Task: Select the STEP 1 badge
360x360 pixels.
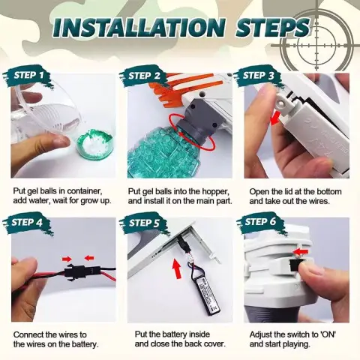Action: (28, 76)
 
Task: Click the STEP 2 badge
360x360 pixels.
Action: (144, 76)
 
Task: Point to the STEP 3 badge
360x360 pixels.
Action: (258, 76)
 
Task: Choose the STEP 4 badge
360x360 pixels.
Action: (27, 223)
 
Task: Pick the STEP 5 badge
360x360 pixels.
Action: (144, 223)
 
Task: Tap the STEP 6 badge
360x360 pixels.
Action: (260, 222)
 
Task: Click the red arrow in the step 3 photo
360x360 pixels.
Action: (276, 118)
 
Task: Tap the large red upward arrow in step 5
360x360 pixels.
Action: (177, 268)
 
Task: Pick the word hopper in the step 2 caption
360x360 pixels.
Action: (215, 192)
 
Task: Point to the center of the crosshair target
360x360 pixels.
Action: (317, 46)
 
